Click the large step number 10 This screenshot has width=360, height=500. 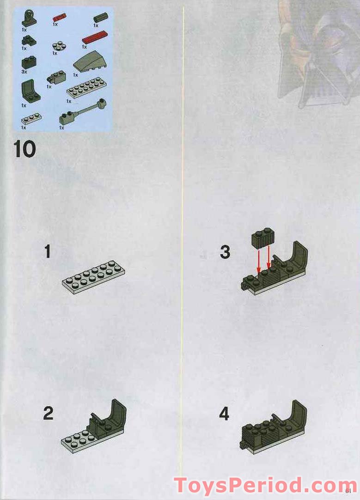(x=24, y=150)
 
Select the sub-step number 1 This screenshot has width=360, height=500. (x=47, y=252)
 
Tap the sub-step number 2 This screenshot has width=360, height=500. (x=48, y=413)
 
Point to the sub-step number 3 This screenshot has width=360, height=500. (x=225, y=252)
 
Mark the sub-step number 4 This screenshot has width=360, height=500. (x=224, y=414)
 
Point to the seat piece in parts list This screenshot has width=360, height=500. (x=30, y=91)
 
